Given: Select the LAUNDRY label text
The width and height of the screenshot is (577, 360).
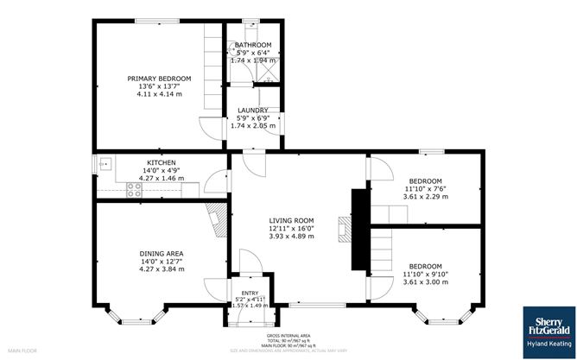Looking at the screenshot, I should click(253, 110).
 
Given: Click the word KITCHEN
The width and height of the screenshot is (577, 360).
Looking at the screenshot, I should click(162, 162).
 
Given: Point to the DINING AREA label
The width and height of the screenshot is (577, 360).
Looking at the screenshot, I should click(162, 254).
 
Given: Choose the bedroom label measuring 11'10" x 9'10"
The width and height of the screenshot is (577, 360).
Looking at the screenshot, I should click(425, 266).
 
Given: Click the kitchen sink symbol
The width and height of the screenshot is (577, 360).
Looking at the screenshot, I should click(104, 161).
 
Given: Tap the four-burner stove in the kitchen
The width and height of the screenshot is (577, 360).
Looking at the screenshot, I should click(135, 188).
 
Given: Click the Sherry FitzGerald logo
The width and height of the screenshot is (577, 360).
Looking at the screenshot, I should click(548, 327).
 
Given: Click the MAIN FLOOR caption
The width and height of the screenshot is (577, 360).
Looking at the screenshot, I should click(23, 351).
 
